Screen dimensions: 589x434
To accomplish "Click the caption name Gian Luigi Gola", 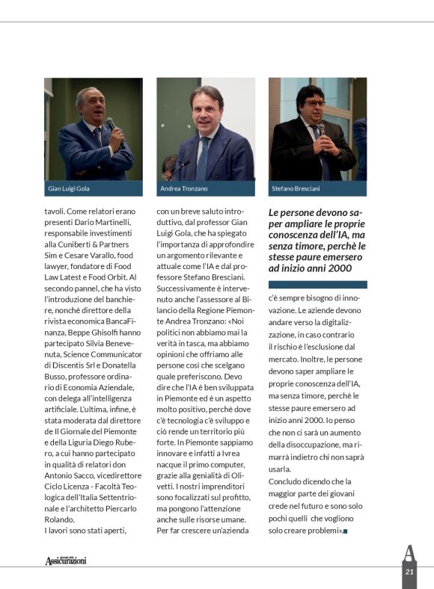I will click(70, 189).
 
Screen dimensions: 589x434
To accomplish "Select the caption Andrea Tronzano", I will click(184, 189).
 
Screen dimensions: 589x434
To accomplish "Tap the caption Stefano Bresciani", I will click(296, 189).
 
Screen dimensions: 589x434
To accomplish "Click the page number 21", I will click(409, 572).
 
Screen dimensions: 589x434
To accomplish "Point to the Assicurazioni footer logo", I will click(65, 560).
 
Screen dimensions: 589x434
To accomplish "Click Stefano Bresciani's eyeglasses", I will click(314, 104).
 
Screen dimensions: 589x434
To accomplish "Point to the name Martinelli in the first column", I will click(112, 223).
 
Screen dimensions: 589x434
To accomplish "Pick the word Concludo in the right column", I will click(287, 481).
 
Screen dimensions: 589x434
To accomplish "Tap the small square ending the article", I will click(346, 531).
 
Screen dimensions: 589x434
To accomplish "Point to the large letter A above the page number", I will click(409, 552).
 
